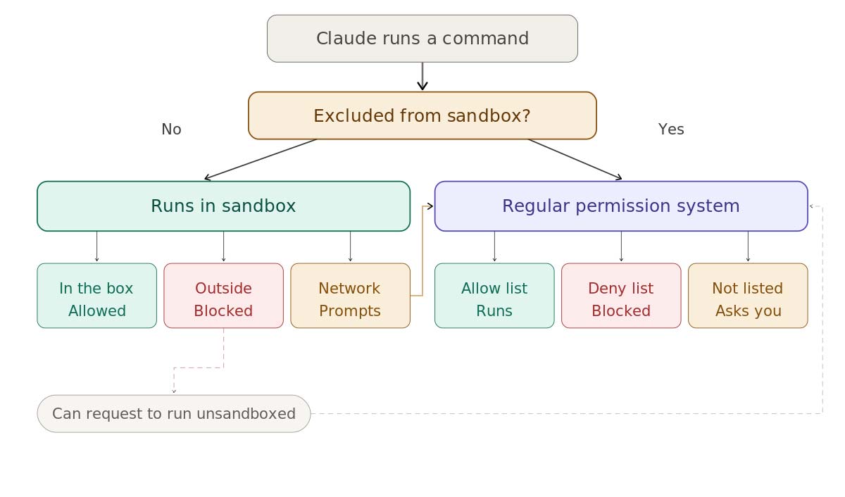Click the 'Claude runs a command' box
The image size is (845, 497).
422,39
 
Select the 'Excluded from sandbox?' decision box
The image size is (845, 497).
422,115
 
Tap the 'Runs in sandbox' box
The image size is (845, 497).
223,206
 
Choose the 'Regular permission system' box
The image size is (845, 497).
620,206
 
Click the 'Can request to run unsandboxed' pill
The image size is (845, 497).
174,413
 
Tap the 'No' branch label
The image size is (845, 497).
171,130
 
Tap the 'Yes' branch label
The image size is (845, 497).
671,130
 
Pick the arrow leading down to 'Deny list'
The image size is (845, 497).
621,246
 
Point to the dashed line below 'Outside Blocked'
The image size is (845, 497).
223,348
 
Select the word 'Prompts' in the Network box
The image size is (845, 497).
350,311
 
